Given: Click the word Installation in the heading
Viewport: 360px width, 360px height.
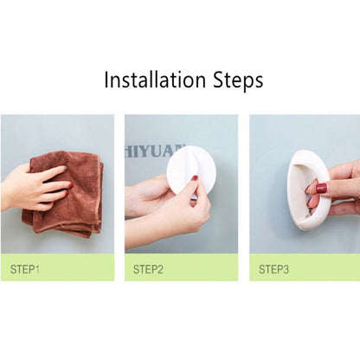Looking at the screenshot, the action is (x=155, y=79).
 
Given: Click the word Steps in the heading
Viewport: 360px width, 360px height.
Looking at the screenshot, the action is (x=238, y=80).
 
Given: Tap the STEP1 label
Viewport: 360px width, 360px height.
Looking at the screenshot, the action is (x=24, y=269).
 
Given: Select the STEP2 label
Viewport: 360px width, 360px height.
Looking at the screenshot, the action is (x=148, y=269).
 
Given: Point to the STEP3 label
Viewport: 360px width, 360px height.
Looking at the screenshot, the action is (x=273, y=269).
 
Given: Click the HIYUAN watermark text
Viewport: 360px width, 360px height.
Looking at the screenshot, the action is (x=154, y=151).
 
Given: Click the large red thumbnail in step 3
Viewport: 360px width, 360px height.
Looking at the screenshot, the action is (x=322, y=189).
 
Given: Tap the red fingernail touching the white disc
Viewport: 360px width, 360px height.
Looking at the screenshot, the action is (x=195, y=178).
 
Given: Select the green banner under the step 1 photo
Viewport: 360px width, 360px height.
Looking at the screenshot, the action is (x=57, y=267).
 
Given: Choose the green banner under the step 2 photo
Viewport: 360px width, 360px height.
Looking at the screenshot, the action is (x=182, y=267).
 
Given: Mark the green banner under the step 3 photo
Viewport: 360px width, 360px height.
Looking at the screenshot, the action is (x=305, y=267).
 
